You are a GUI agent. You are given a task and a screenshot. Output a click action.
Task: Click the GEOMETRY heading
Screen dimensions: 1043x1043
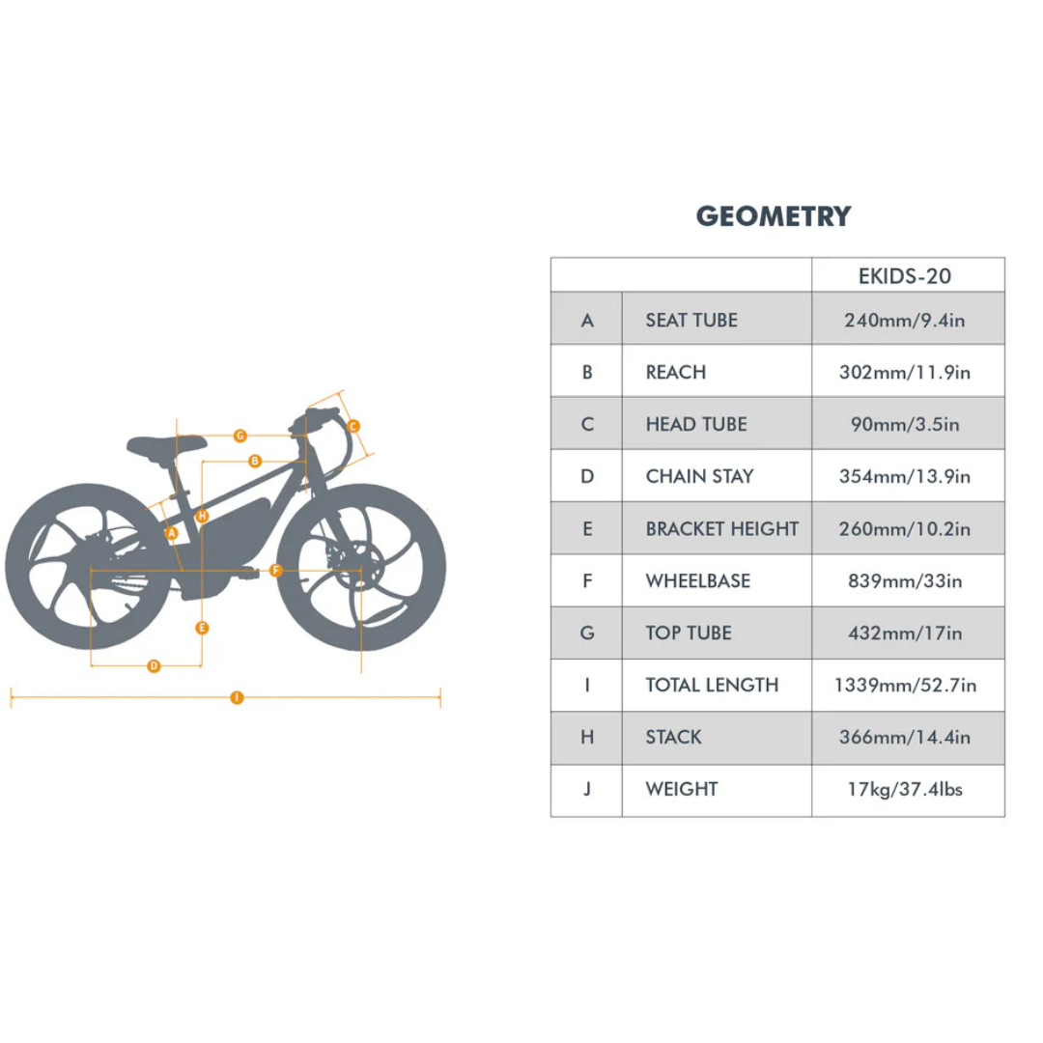click(774, 216)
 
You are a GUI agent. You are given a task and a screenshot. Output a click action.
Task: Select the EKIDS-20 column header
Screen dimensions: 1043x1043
click(905, 276)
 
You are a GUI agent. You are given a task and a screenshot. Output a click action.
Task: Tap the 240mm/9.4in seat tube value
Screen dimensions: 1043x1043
click(905, 320)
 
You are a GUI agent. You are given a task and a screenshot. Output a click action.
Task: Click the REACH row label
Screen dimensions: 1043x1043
click(676, 372)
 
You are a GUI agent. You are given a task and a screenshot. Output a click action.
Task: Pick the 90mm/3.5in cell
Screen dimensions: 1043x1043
click(905, 424)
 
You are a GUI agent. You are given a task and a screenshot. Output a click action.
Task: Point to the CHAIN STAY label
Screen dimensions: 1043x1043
click(700, 476)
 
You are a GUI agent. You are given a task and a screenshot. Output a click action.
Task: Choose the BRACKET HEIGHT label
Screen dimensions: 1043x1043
click(721, 529)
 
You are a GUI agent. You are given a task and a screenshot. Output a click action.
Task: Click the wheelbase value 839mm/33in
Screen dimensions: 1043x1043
click(905, 580)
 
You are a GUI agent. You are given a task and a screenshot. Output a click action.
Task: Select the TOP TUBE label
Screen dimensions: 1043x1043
click(689, 633)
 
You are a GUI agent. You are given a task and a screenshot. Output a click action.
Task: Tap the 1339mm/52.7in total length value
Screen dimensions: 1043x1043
click(905, 685)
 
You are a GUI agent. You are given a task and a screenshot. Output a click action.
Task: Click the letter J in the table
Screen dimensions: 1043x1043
click(587, 789)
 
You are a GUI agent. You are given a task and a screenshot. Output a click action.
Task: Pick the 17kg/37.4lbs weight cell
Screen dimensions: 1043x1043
click(905, 789)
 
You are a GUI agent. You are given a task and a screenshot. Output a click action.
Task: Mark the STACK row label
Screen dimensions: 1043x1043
click(673, 737)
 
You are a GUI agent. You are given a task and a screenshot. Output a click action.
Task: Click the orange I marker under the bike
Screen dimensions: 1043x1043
click(237, 697)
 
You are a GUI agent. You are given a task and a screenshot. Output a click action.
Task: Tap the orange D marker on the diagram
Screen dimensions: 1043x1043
click(154, 665)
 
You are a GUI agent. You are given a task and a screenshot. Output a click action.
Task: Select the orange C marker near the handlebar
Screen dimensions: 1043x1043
click(353, 426)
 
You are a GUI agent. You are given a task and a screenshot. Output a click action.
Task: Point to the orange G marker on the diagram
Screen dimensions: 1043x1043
click(240, 436)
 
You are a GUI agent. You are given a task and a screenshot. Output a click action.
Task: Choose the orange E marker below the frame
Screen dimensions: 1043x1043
click(202, 628)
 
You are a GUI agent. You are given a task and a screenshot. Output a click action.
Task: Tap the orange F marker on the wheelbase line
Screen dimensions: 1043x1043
click(276, 570)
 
